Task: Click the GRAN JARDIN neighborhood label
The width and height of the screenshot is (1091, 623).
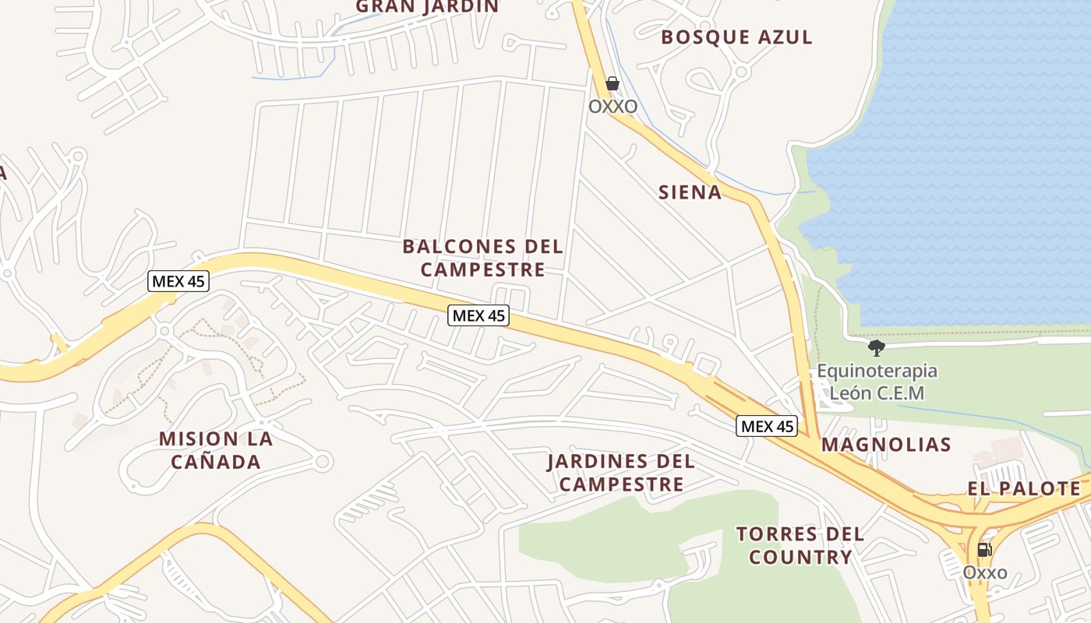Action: coord(427,6)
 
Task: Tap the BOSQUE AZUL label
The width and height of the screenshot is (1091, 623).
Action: coord(736,37)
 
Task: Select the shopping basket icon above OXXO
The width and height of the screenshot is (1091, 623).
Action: coord(613,83)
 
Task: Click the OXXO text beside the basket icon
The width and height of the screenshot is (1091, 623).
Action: coord(613,106)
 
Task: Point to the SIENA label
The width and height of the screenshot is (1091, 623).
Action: coord(690,192)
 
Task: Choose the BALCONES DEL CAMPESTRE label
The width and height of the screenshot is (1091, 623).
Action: coord(482,258)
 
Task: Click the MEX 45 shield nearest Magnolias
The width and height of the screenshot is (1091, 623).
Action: coord(767,426)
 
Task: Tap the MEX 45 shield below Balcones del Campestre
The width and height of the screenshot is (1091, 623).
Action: coord(478,315)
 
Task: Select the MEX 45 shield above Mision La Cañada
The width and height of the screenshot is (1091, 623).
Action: coord(178,281)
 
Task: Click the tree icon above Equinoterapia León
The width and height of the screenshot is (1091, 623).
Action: coord(877,347)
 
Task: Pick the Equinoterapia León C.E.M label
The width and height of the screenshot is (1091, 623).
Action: coord(877,382)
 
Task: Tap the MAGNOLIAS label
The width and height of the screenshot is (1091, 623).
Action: coord(886,445)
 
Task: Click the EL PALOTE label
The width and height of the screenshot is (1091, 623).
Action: coord(1024,489)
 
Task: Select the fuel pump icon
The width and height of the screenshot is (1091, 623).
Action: coord(984,550)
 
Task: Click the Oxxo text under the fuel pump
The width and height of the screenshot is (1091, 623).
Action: coord(985,573)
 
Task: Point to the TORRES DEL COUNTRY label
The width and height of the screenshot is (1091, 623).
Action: coord(800,545)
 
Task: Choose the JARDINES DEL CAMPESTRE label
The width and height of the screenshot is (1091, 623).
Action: coord(621,473)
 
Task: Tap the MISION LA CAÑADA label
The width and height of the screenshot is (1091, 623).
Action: coord(216,450)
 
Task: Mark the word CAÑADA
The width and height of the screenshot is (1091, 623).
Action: coord(216,462)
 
